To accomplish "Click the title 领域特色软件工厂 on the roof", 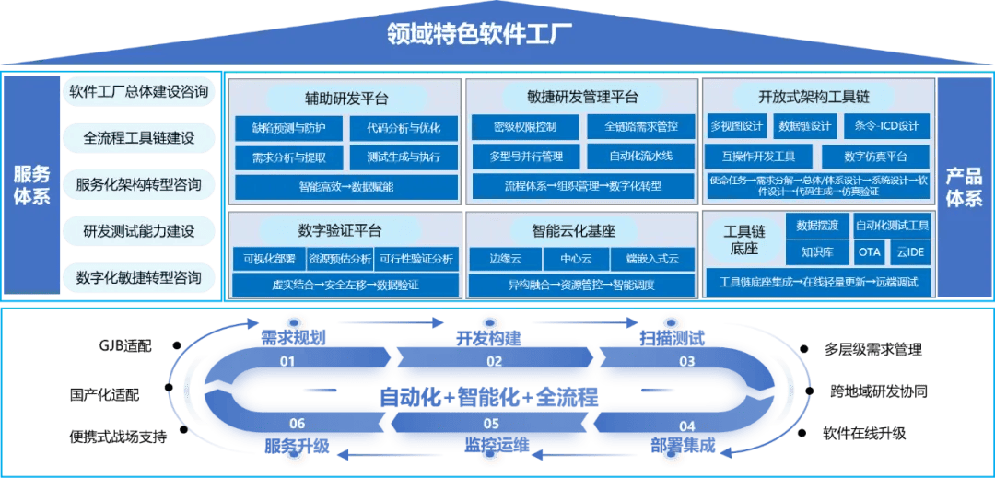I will coord(479,37).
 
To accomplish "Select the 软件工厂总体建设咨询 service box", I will coord(139,92).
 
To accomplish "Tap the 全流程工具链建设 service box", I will coord(139,138).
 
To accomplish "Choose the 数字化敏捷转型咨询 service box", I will coord(139,276).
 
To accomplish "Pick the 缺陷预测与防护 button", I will coord(288,127).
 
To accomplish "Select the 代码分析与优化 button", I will coord(402,127).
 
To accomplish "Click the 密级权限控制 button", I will coord(524,126).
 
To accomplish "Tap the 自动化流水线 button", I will coord(640,156).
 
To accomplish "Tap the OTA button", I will coord(868,251).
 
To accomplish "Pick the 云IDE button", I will coord(912,251).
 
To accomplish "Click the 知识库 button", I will coord(814,251).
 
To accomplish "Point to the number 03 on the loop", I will coord(687,361).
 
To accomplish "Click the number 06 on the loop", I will coord(297,424).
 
